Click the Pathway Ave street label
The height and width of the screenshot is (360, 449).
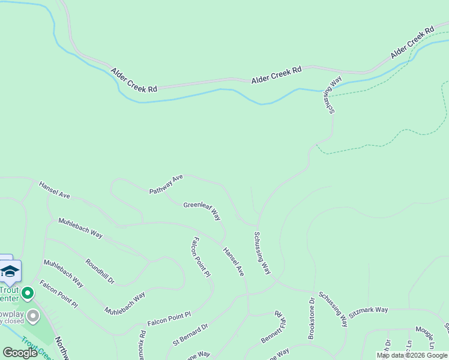coord(166,184)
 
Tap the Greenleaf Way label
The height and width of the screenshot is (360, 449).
coord(202,211)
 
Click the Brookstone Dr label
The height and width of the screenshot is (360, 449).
coord(312,319)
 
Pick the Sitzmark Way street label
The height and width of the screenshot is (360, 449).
coord(369,310)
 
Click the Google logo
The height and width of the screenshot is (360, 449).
coord(20,353)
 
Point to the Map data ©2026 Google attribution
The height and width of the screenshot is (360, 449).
coord(412,355)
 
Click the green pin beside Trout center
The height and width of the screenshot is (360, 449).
coord(27,293)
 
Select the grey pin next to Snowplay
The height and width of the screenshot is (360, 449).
coord(33,315)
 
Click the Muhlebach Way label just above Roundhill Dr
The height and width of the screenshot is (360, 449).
coord(80,228)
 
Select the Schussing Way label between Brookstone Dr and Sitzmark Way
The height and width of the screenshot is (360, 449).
coord(333,309)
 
